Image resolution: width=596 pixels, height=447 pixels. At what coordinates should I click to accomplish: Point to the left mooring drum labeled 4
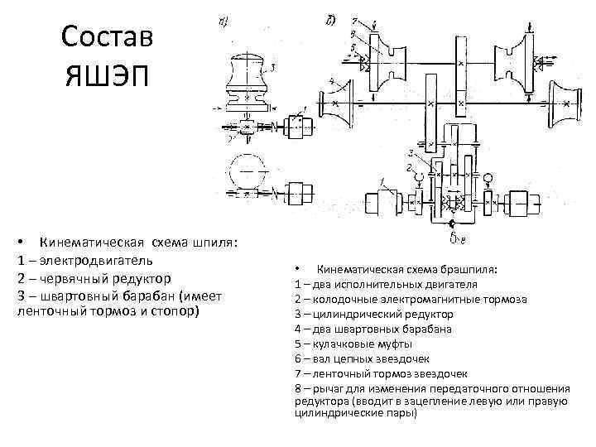point(341,103)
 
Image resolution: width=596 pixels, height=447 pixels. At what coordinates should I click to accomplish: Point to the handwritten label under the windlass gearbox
point(457,241)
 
